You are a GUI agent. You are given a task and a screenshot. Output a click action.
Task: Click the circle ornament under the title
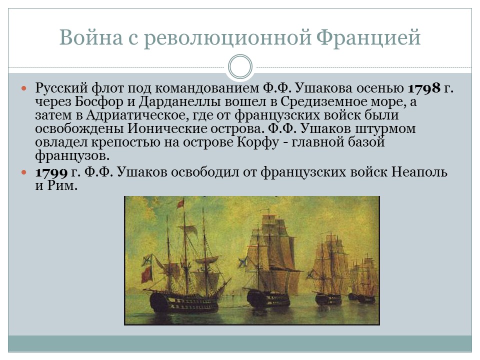(240, 66)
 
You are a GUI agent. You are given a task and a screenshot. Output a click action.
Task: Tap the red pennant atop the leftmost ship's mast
(180, 203)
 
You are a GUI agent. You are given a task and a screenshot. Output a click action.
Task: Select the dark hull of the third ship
(327, 299)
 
